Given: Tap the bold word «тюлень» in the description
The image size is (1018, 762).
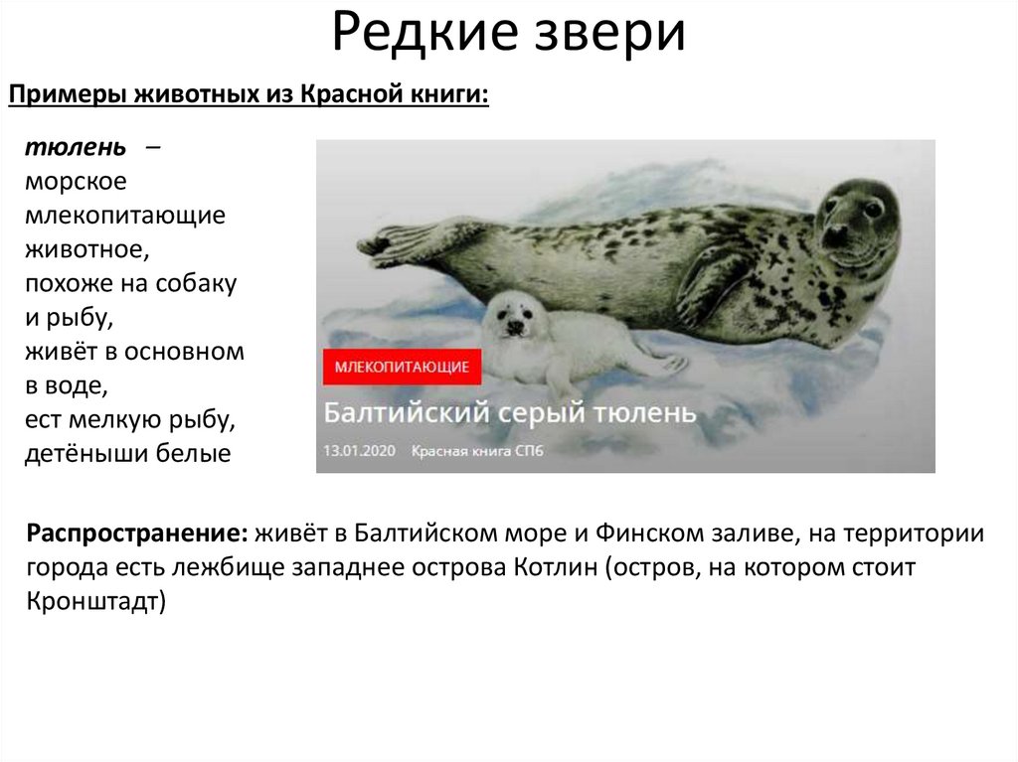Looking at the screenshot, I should pos(76,148).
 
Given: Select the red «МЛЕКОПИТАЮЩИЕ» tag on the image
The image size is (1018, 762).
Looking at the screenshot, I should pos(402,367).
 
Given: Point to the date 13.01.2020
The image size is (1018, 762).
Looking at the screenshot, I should pos(359,450).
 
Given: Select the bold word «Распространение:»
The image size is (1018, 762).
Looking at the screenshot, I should pos(137,533).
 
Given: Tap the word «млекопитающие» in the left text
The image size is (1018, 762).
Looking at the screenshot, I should pos(125,216).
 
